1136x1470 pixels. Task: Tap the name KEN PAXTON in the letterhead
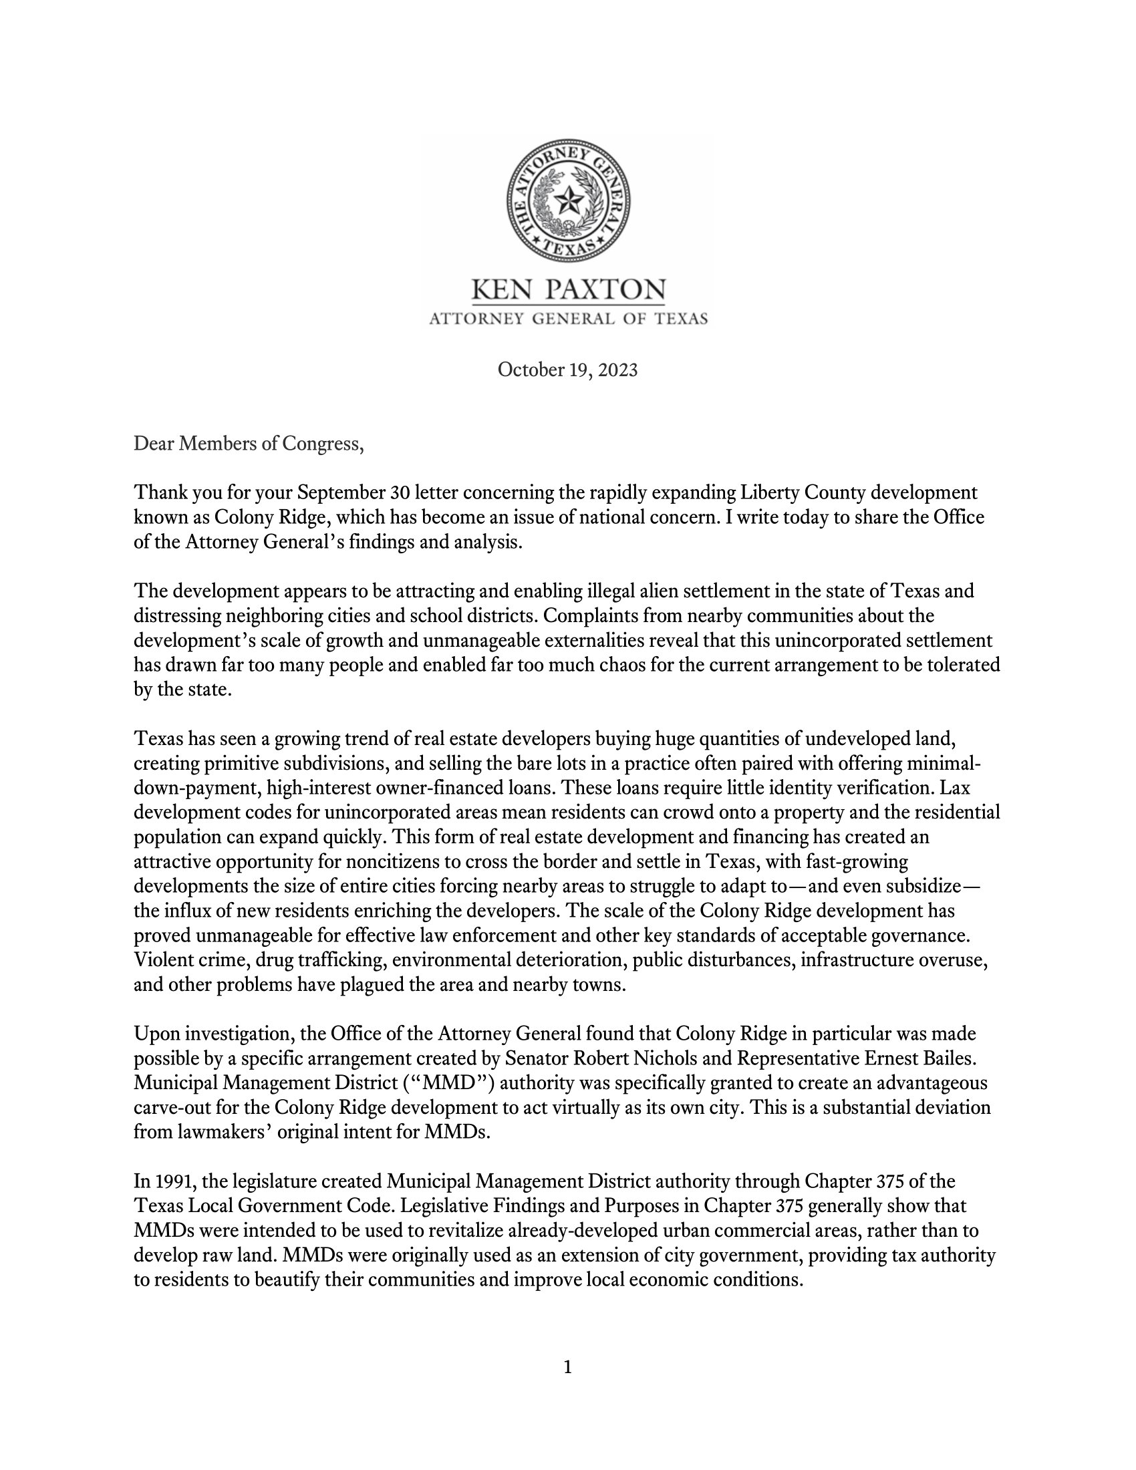tap(568, 291)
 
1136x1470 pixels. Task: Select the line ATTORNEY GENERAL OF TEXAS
tap(568, 318)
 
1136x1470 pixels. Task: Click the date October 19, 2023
tap(567, 370)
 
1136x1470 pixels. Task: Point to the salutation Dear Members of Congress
tap(249, 444)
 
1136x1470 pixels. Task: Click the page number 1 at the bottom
tap(567, 1367)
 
